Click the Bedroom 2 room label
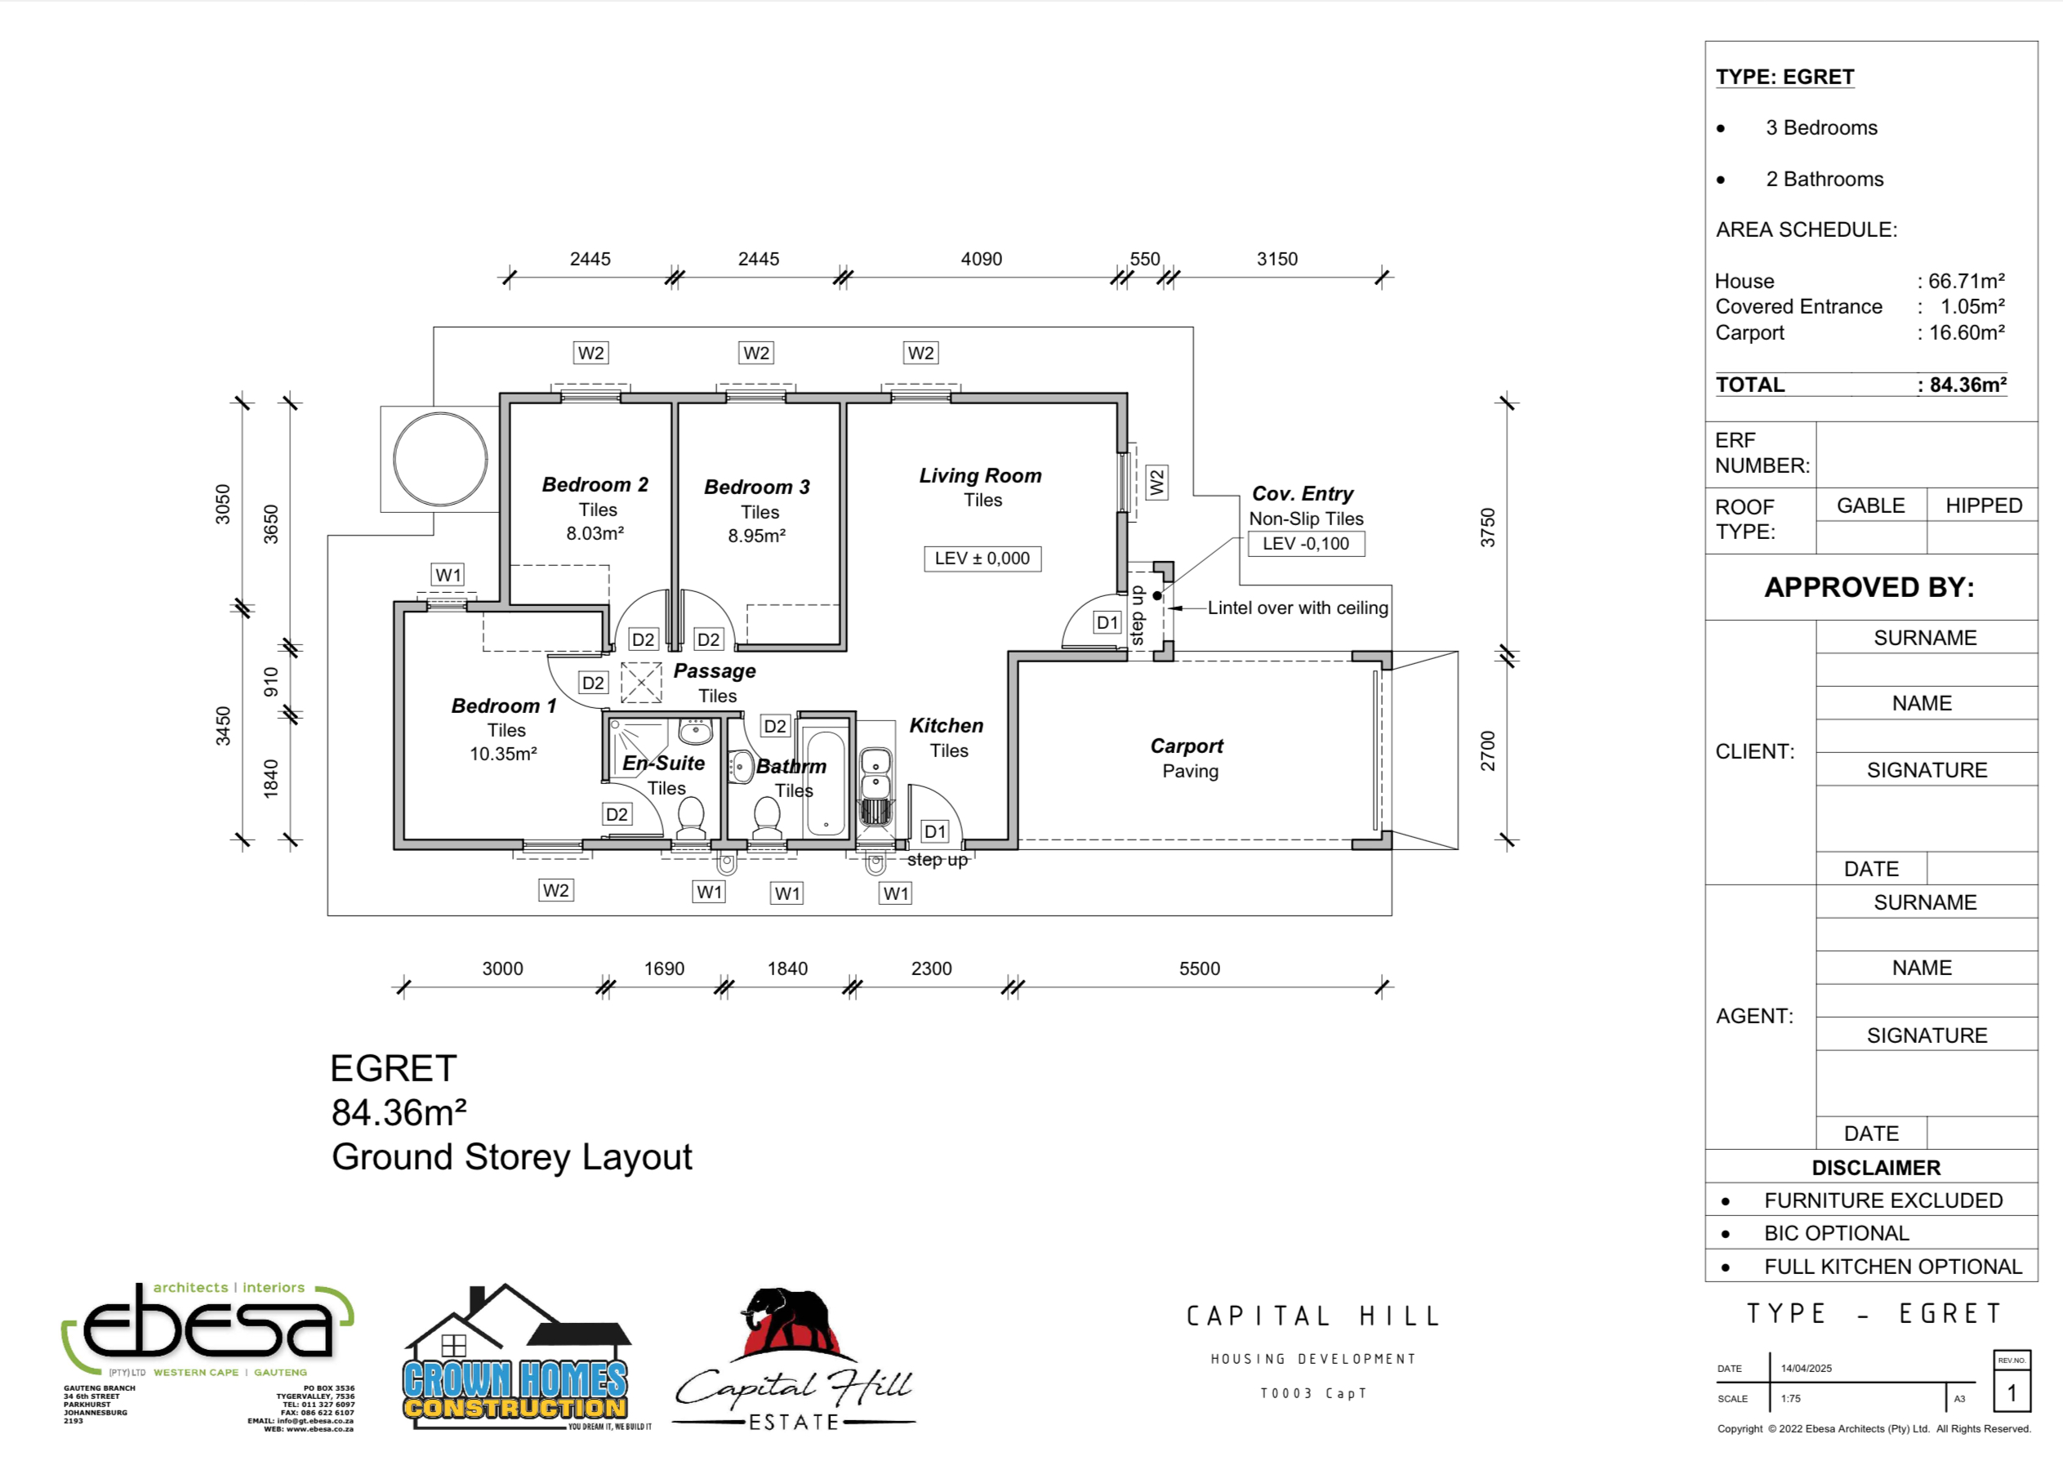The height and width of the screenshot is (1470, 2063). tap(595, 484)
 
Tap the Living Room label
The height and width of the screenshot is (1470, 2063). tap(979, 475)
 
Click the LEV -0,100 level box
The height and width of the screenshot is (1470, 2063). tap(1304, 544)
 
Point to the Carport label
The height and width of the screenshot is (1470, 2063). tap(1186, 746)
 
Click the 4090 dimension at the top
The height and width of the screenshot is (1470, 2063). tap(980, 259)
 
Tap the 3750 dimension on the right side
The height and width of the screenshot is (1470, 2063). tap(1487, 527)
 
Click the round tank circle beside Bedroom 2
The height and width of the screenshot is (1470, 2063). tap(441, 459)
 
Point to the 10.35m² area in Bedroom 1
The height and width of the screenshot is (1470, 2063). tap(502, 754)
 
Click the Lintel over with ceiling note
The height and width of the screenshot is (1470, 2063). tap(1296, 608)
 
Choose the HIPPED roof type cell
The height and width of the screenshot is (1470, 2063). tap(1982, 505)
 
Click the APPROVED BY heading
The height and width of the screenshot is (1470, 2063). tap(1869, 587)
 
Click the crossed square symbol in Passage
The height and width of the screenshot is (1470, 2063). tap(641, 683)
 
